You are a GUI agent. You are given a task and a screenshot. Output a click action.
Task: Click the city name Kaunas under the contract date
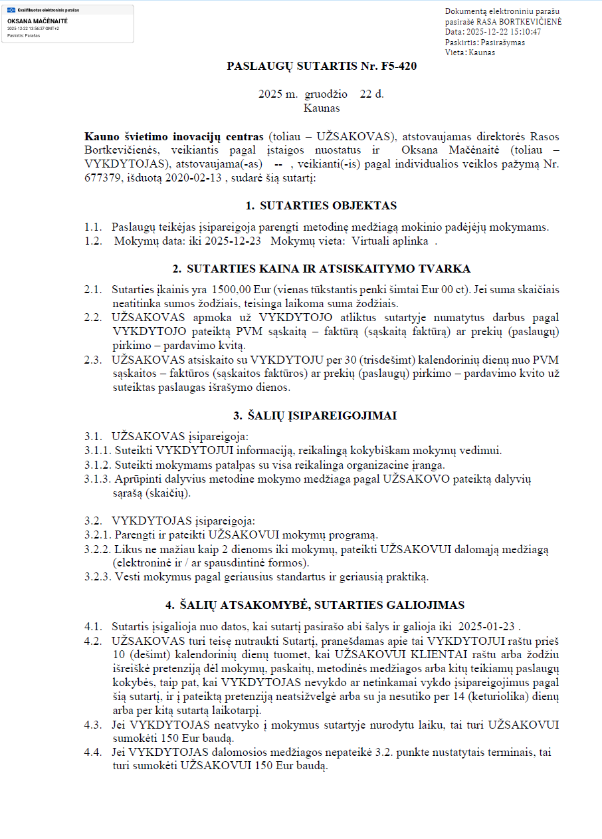pyautogui.click(x=322, y=108)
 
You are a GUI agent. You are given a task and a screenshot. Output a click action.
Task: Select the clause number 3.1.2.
pyautogui.click(x=98, y=465)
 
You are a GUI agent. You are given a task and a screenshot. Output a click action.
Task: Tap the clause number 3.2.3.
pyautogui.click(x=98, y=576)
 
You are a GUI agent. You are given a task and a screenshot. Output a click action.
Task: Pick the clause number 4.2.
pyautogui.click(x=93, y=641)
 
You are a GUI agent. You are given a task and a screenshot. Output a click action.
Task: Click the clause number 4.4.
pyautogui.click(x=93, y=753)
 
